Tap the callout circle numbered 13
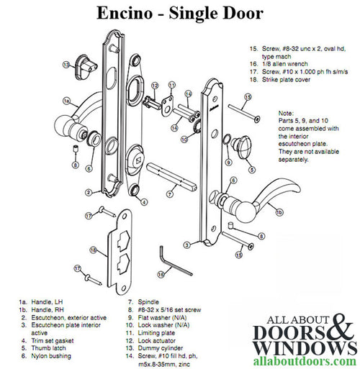tap(66, 64)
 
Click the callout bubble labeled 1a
tap(67, 101)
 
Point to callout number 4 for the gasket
tap(144, 202)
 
